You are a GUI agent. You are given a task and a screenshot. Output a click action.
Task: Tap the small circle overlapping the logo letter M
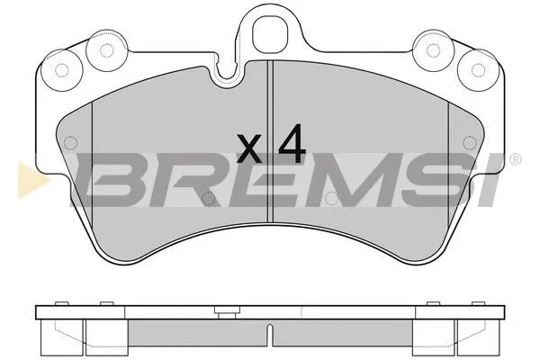coord(330,199)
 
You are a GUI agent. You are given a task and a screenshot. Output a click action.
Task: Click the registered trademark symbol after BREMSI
coord(514,161)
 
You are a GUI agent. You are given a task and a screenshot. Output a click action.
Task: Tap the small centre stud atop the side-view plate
coord(221,310)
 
